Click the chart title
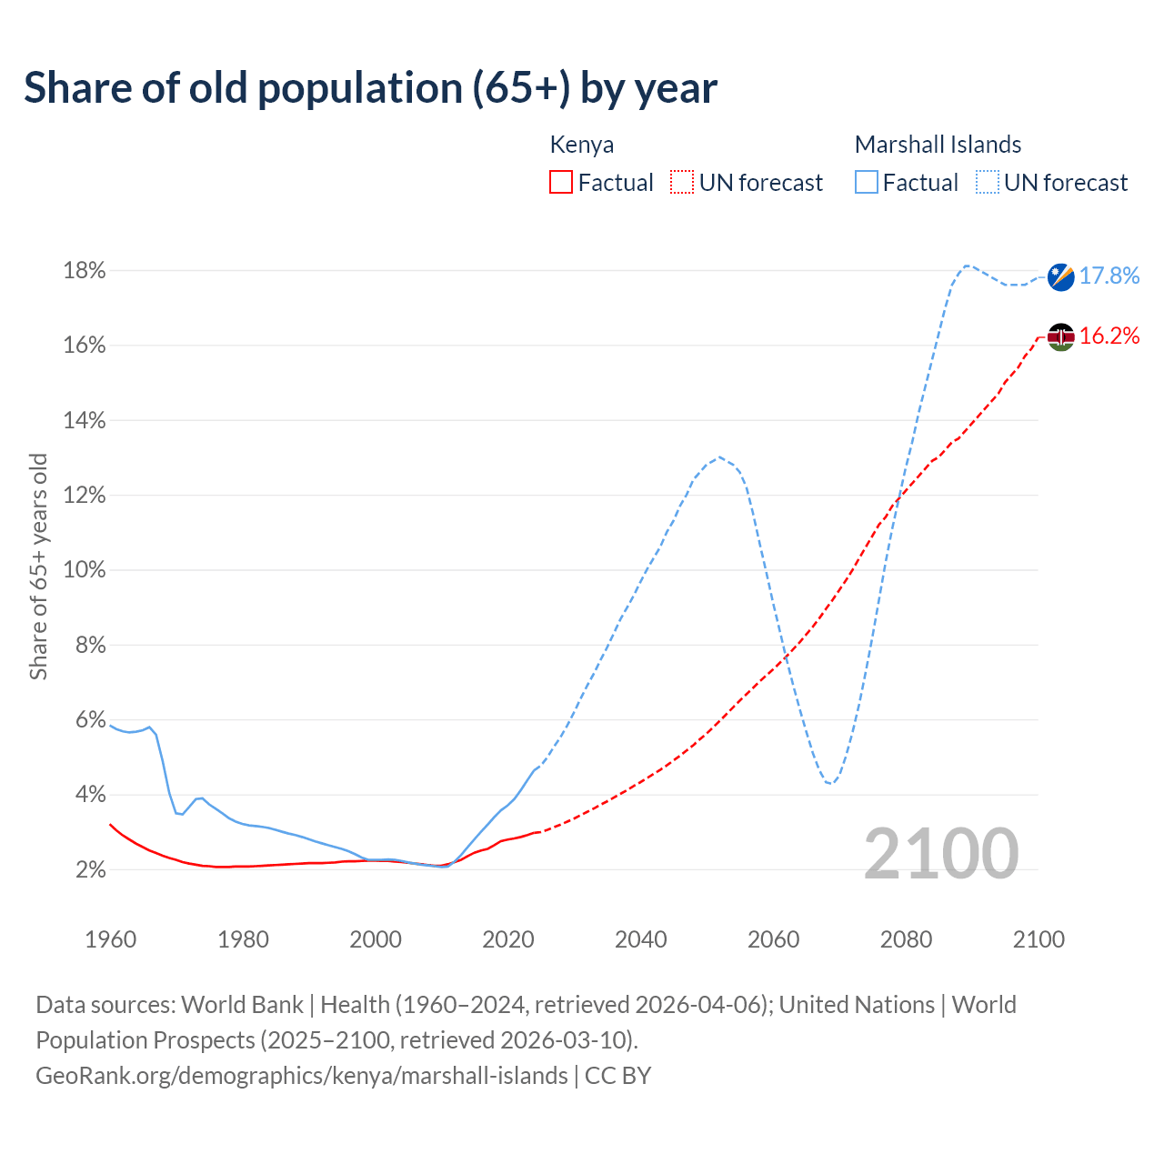[x=370, y=88]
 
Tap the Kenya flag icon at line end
[x=1060, y=337]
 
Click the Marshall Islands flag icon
[x=1060, y=276]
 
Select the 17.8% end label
[x=1109, y=276]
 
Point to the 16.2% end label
[x=1109, y=336]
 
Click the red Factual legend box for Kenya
[x=561, y=183]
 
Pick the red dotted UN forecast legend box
[x=682, y=183]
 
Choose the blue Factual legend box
[x=867, y=183]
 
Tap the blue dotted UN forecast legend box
[x=988, y=183]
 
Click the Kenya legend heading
[x=582, y=145]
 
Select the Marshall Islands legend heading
[x=938, y=145]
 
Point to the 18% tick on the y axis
[x=85, y=271]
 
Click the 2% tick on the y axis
[x=90, y=870]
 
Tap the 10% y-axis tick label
[x=85, y=570]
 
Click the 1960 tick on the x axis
[x=111, y=939]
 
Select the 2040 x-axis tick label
[x=641, y=939]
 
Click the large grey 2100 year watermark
[x=941, y=853]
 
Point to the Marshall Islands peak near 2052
[x=719, y=457]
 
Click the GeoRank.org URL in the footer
[x=301, y=1076]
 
